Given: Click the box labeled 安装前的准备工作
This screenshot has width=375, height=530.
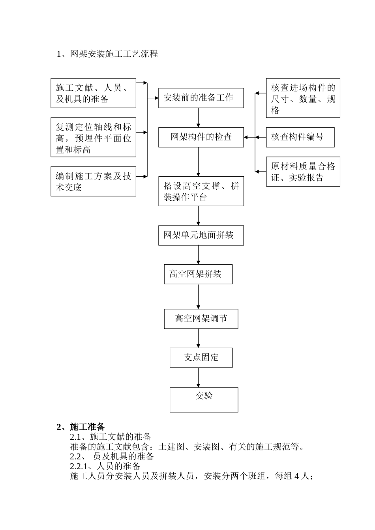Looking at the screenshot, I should click(x=201, y=98).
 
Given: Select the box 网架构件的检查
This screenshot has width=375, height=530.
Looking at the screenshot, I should click(x=201, y=137).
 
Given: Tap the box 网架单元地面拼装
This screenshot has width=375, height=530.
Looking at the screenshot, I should click(x=201, y=235).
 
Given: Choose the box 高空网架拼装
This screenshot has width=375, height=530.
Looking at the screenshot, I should click(x=198, y=274).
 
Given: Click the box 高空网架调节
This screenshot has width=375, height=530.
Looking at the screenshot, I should click(x=201, y=319).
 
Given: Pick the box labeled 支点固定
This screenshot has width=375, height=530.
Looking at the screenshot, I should click(x=201, y=358).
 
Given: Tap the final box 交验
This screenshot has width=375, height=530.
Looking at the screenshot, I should click(x=204, y=399).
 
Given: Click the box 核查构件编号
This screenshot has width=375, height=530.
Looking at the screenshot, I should click(x=300, y=137).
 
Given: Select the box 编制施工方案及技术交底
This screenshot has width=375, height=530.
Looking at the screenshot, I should click(x=93, y=181).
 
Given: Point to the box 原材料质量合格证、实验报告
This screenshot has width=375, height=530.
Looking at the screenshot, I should click(x=303, y=172).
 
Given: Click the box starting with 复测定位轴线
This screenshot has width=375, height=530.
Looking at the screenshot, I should click(x=93, y=137).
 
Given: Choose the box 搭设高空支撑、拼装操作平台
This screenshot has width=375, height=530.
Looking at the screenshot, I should click(x=201, y=191).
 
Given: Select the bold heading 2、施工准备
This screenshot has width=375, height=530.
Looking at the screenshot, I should click(x=81, y=427).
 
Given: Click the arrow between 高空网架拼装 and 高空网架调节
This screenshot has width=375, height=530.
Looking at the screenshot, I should click(x=198, y=297).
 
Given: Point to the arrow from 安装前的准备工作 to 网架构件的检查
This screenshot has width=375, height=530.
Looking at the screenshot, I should click(x=198, y=118).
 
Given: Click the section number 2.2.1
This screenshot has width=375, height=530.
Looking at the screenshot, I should click(x=81, y=466).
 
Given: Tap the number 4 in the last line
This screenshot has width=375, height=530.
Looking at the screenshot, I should click(x=296, y=476).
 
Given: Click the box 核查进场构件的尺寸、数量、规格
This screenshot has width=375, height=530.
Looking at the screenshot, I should click(x=303, y=98).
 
